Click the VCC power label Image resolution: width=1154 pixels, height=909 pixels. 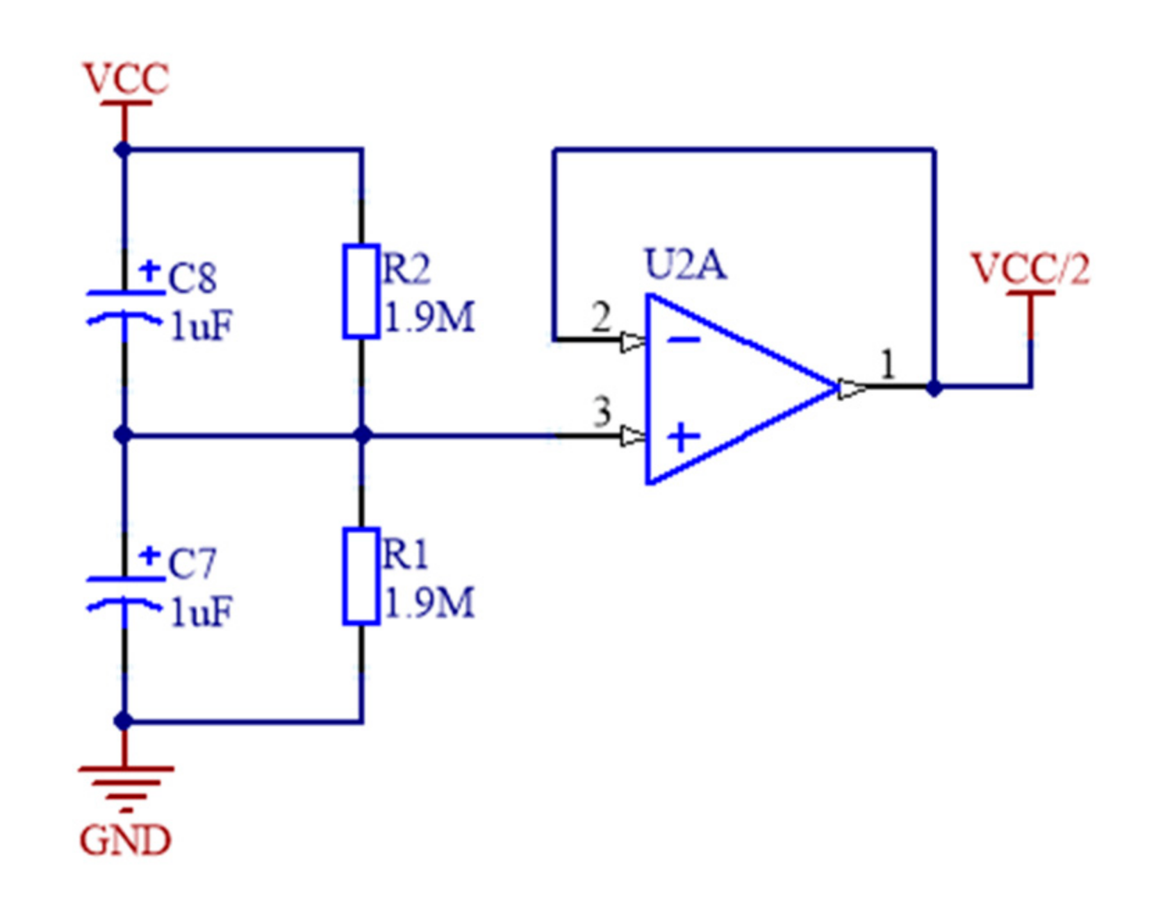click(125, 78)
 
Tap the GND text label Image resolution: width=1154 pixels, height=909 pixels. click(125, 840)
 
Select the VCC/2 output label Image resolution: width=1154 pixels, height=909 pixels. click(1030, 269)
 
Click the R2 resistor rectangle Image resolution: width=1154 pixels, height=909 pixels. click(361, 292)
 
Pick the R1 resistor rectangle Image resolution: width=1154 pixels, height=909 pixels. click(361, 577)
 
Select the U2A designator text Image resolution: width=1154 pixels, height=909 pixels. click(685, 265)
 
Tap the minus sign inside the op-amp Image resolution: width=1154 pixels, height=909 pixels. click(684, 340)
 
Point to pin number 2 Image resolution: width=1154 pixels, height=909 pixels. click(601, 318)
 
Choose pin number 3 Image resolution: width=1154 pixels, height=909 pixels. click(602, 411)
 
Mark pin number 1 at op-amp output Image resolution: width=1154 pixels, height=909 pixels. click(887, 365)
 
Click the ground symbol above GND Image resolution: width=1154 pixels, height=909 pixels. click(125, 785)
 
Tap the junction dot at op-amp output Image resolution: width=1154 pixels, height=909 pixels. click(934, 387)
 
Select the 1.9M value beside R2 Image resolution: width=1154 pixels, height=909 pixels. click(429, 318)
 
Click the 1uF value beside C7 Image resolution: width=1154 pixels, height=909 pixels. click(201, 612)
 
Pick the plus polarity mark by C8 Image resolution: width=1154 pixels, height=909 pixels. click(149, 270)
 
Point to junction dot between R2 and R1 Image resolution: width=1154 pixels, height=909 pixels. click(362, 435)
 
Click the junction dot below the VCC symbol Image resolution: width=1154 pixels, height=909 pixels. click(124, 149)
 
